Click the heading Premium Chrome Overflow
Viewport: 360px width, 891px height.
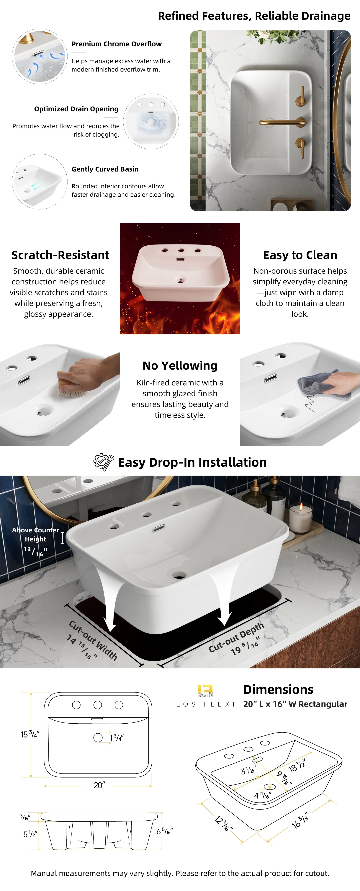point(117,44)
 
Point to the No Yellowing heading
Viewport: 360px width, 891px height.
point(180,366)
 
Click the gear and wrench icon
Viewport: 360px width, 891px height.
point(104,462)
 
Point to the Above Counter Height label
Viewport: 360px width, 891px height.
point(35,534)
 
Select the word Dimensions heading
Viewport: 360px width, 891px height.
point(278,689)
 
